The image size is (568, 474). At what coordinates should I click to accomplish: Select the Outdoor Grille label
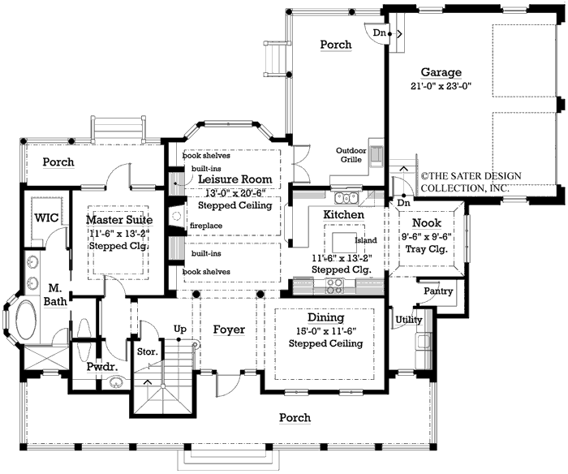click(x=352, y=155)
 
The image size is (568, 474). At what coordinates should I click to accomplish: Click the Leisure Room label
click(x=235, y=179)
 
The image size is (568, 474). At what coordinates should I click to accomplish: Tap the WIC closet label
click(x=45, y=218)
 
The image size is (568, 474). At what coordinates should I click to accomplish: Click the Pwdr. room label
click(x=103, y=367)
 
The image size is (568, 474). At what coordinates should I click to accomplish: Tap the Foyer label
click(x=229, y=330)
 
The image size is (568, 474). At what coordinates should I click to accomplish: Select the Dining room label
click(x=325, y=318)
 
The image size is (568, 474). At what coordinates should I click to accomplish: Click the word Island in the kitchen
click(x=364, y=240)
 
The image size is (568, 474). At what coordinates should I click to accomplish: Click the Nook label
click(x=427, y=223)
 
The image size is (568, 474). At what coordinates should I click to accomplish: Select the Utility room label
click(x=408, y=320)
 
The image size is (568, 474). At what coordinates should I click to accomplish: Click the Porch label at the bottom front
click(x=294, y=418)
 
